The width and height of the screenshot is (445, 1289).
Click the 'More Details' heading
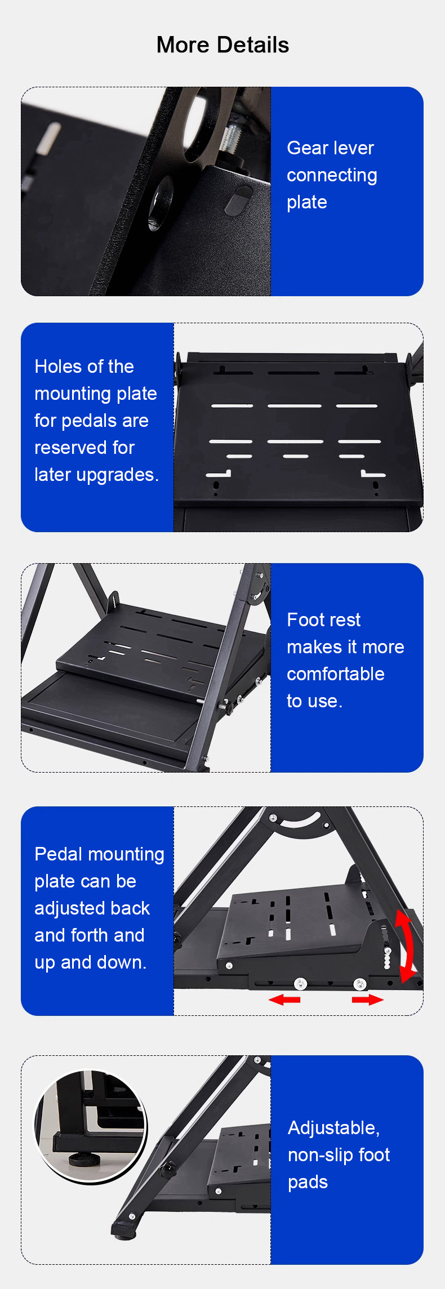222,45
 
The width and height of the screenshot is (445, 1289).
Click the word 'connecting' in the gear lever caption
332,176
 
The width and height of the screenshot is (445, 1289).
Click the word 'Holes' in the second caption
55,367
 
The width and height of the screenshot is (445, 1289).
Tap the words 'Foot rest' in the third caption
323,620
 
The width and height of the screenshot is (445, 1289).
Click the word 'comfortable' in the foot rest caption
336,674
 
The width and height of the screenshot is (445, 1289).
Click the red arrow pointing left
284,1000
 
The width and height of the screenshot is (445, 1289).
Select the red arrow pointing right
368,1000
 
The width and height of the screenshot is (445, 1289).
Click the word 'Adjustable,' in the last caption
334,1128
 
